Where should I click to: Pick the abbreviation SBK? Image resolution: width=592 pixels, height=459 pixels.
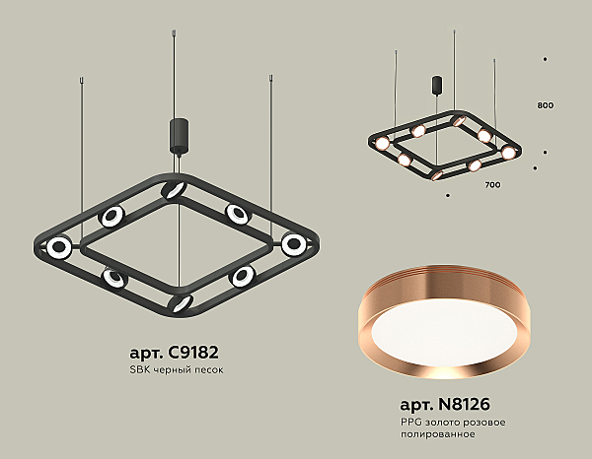[139, 369]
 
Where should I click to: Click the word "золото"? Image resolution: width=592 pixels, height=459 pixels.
[451, 422]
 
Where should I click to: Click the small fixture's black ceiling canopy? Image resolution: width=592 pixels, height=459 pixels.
[436, 86]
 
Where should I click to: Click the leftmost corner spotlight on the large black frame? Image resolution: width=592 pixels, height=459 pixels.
[60, 246]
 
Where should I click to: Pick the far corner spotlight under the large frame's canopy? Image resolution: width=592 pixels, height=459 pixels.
[175, 190]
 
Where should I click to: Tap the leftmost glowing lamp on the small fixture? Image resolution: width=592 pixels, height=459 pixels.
[381, 144]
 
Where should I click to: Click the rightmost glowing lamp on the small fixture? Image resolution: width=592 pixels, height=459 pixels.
[508, 153]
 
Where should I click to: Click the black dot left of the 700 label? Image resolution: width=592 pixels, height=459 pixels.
[449, 195]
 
